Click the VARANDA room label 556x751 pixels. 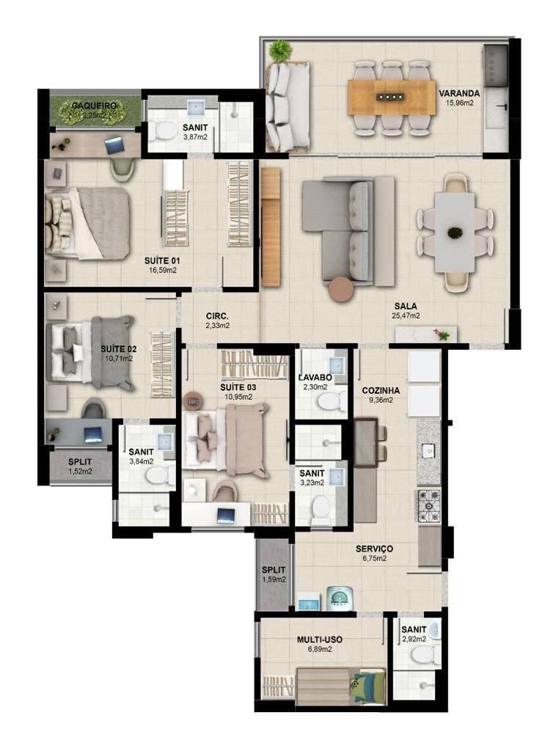[458, 93]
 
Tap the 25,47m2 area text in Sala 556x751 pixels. [405, 315]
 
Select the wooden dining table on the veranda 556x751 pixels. [392, 98]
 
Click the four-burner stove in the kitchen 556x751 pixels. [428, 506]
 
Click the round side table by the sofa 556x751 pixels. [342, 290]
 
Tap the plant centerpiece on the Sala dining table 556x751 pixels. [454, 233]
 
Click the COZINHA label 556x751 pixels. [381, 390]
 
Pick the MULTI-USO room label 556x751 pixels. [319, 640]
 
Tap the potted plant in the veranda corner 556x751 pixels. [280, 51]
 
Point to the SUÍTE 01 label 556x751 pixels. [162, 260]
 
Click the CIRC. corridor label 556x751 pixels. [217, 316]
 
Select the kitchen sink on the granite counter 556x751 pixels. [428, 450]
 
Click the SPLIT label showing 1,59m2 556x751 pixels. [274, 570]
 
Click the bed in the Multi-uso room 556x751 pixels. [341, 686]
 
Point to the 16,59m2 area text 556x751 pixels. [162, 270]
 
